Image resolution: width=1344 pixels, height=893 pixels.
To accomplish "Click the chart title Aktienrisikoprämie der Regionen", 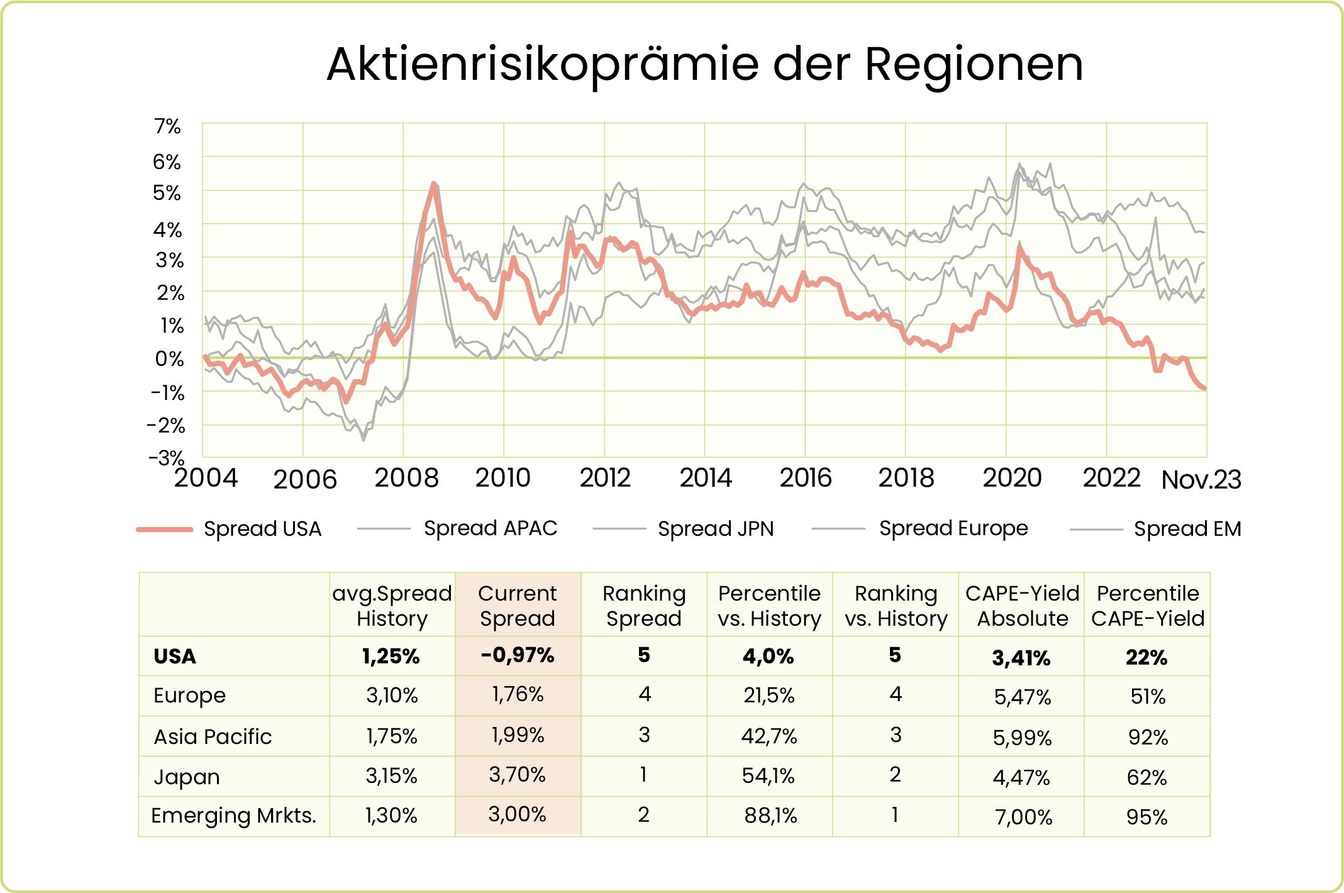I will (704, 65).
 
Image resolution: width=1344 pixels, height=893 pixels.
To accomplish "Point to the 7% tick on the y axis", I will (167, 126).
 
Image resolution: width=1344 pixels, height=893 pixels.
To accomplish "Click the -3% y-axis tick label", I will (167, 457).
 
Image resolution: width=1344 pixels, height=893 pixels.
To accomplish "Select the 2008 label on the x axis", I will (406, 478).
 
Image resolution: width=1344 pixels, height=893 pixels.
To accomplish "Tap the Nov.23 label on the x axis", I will (1201, 480).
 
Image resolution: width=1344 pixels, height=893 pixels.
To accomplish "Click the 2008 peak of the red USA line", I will (433, 184).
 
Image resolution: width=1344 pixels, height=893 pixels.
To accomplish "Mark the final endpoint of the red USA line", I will (1204, 388).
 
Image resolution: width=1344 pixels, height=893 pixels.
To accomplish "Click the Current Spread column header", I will (517, 606).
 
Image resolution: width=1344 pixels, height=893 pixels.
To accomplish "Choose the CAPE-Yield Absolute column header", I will (1022, 606).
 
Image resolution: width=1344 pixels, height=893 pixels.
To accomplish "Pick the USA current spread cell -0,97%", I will (517, 655).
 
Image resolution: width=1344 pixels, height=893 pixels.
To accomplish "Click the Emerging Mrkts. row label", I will (233, 816).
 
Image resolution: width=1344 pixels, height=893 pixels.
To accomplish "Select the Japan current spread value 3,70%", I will (517, 775).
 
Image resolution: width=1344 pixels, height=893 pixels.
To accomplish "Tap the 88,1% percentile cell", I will (770, 816).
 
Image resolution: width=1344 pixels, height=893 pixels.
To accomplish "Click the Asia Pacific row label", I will (213, 736).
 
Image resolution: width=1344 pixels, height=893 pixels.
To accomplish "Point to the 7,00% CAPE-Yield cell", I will (1023, 817).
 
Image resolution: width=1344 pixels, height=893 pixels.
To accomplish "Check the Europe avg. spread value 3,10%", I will (392, 695).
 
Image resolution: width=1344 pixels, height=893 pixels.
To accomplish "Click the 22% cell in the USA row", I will (1147, 657).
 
